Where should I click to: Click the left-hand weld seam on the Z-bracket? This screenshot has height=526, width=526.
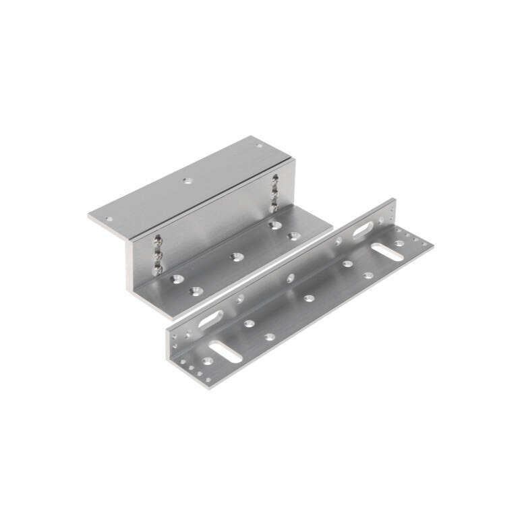(x=157, y=253)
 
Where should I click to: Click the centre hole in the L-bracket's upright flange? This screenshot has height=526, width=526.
(x=291, y=276)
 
